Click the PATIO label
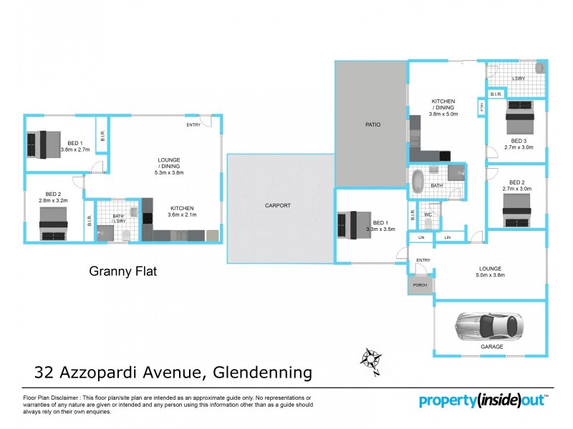click(x=370, y=125)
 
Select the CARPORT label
click(x=278, y=205)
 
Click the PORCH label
click(x=420, y=286)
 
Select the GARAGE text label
click(x=491, y=346)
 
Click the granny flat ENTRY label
click(x=193, y=125)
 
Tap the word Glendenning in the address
click(x=261, y=372)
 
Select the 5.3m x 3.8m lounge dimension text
click(x=169, y=172)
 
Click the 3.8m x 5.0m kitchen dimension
click(x=443, y=114)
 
